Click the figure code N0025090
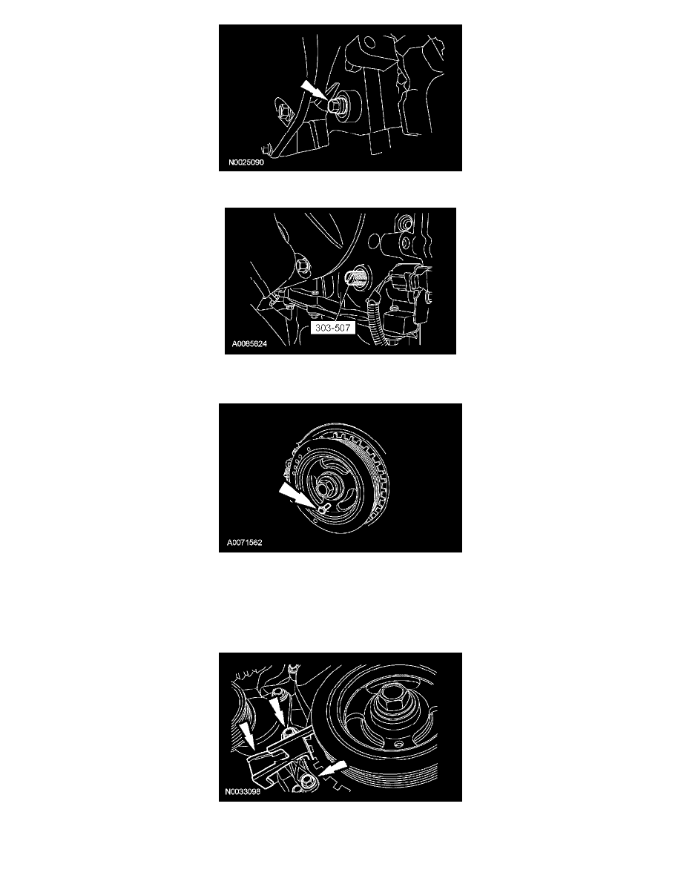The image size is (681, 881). tap(246, 162)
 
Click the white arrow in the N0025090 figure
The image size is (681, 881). tap(313, 90)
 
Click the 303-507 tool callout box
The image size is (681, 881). tap(332, 328)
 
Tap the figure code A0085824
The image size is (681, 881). tap(249, 344)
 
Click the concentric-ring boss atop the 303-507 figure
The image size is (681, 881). tap(402, 225)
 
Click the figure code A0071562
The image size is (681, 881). tap(244, 543)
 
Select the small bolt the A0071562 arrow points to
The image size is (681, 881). tap(320, 509)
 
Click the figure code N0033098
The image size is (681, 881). tap(243, 792)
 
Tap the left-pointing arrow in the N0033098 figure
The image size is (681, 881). tap(332, 768)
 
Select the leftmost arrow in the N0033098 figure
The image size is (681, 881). tap(246, 737)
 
